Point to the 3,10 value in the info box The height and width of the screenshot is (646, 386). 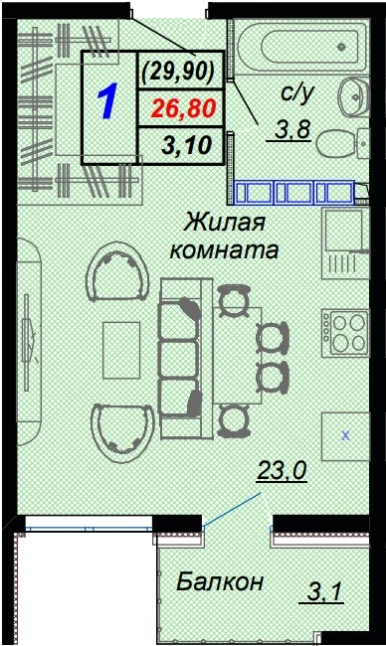184,146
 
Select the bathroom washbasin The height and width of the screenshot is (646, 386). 353,97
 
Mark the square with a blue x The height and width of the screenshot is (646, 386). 345,434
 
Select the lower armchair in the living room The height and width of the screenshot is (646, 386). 120,427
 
